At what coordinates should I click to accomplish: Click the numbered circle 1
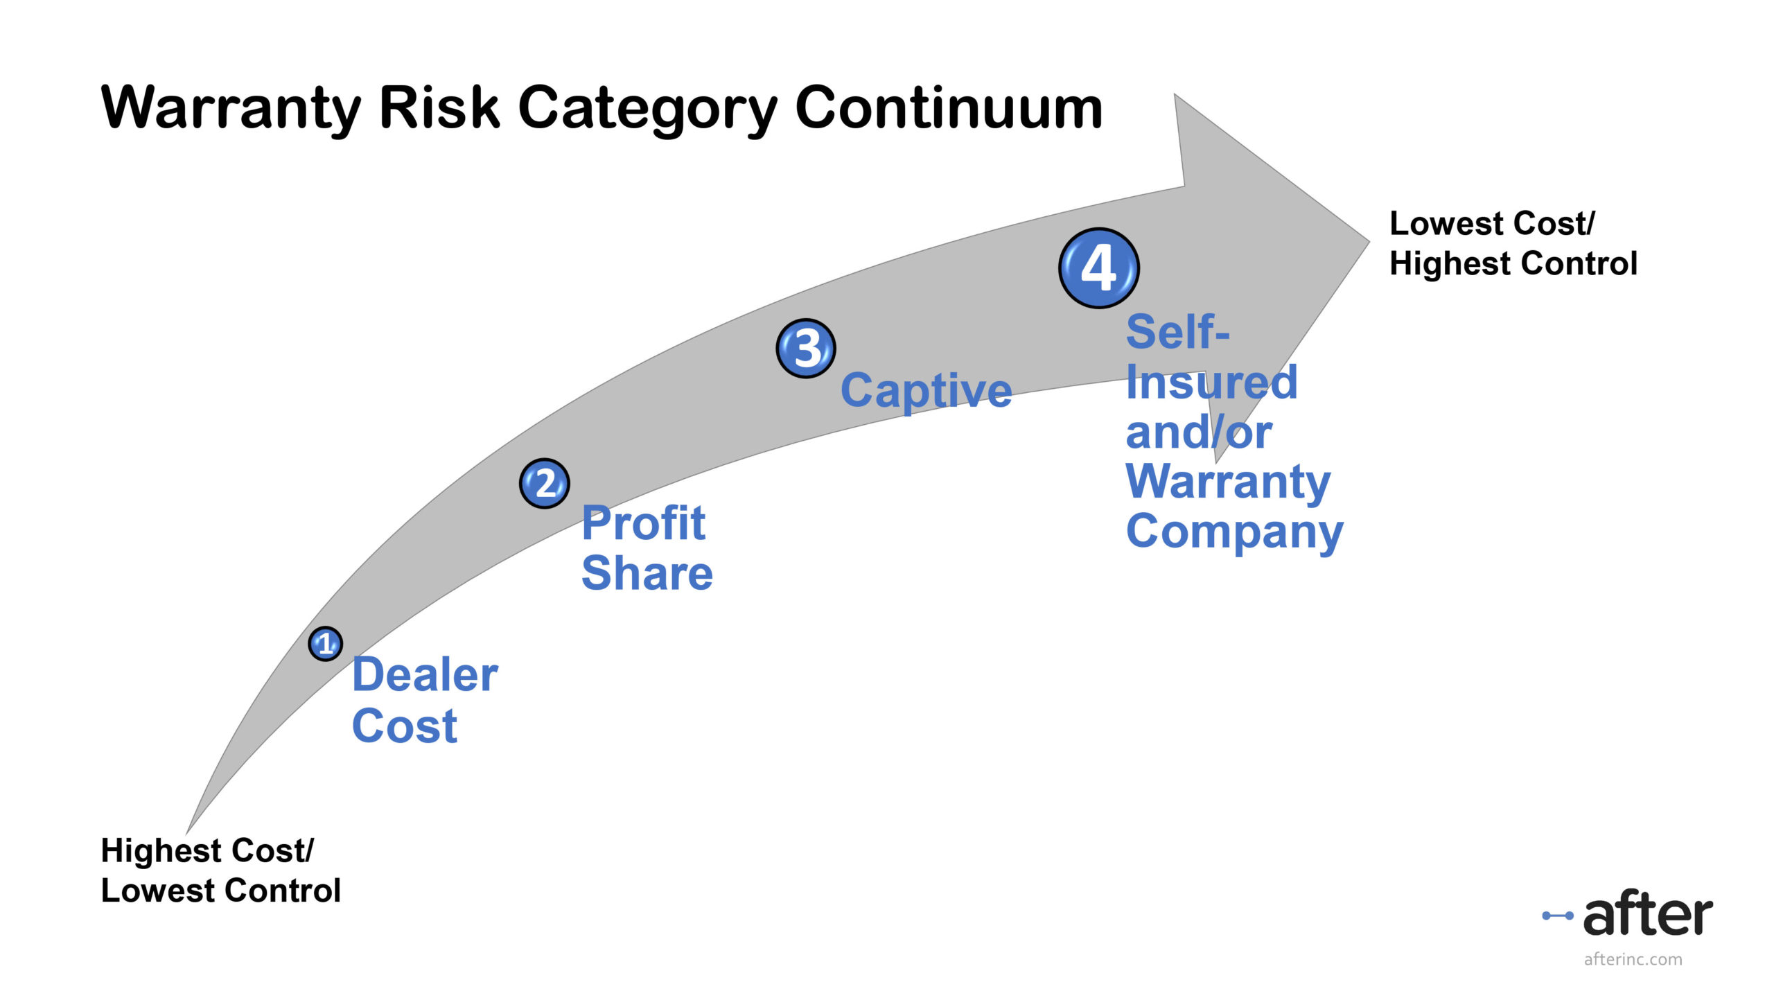pyautogui.click(x=325, y=644)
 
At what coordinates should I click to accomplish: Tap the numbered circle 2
pyautogui.click(x=545, y=483)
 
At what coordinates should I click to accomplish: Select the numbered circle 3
pyautogui.click(x=806, y=348)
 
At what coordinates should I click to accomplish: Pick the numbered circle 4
pyautogui.click(x=1099, y=268)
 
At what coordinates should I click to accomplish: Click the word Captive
pyautogui.click(x=926, y=391)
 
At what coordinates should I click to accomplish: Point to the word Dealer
pyautogui.click(x=425, y=675)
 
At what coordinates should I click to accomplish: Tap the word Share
pyautogui.click(x=647, y=573)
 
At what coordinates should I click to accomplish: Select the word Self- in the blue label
pyautogui.click(x=1177, y=332)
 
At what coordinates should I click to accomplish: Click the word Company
pyautogui.click(x=1234, y=532)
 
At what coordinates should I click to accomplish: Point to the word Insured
pyautogui.click(x=1211, y=382)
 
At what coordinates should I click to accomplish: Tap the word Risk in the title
pyautogui.click(x=439, y=109)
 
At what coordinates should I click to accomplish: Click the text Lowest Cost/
pyautogui.click(x=1491, y=224)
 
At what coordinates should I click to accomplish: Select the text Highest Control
pyautogui.click(x=1513, y=264)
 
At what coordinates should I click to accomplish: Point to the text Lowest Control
pyautogui.click(x=221, y=891)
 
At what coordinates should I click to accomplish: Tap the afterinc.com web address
pyautogui.click(x=1633, y=959)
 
